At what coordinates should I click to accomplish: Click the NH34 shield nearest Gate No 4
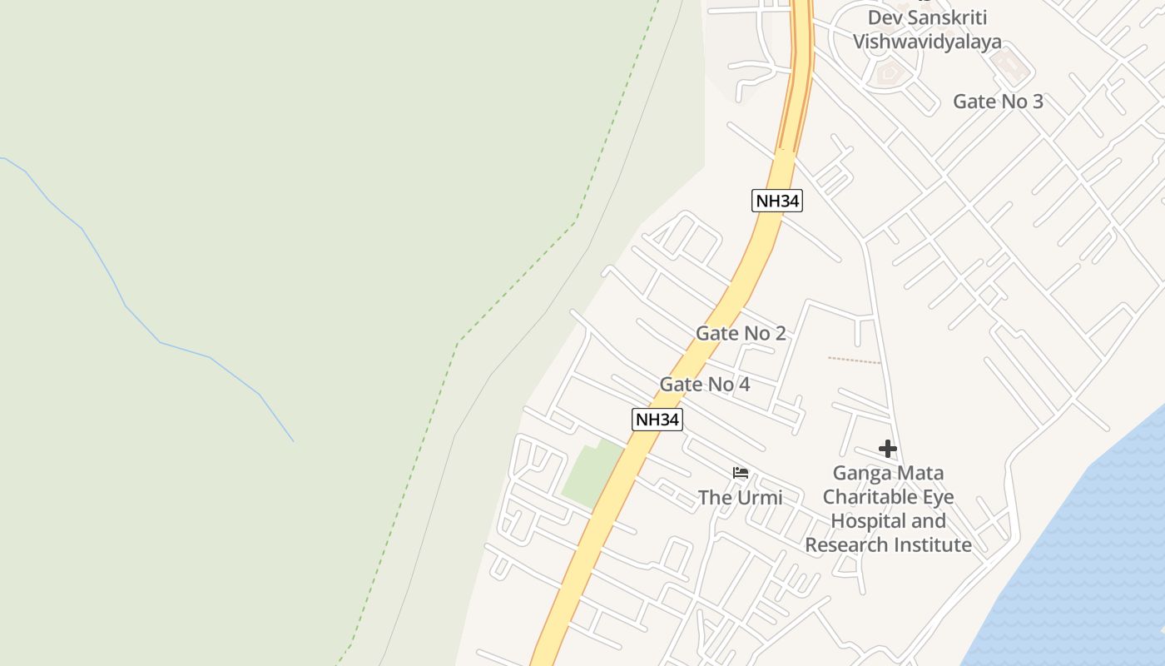[657, 420]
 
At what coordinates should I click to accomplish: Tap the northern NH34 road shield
[776, 201]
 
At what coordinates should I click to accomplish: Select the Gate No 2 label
[741, 333]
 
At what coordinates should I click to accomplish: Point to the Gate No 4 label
[705, 385]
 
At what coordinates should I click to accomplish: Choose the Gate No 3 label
[998, 102]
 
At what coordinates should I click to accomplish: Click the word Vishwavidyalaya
[927, 42]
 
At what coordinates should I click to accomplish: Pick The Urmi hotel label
[740, 498]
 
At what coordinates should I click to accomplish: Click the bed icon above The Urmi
[741, 474]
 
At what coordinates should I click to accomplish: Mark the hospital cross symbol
[888, 450]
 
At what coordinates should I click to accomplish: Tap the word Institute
[931, 545]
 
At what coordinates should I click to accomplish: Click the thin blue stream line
[125, 305]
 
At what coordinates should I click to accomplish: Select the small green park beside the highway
[590, 475]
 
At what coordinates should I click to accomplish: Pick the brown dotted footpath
[854, 360]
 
